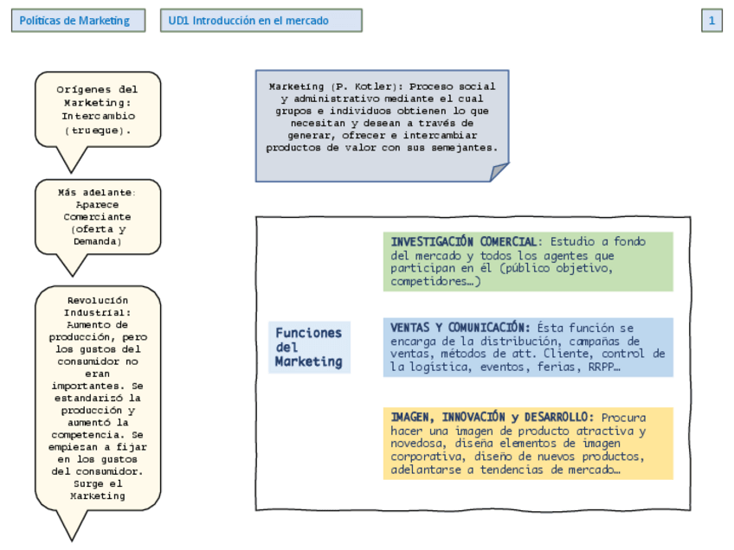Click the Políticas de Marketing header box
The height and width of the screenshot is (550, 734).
coord(74,21)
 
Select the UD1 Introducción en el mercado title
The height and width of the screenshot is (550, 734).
coord(261,21)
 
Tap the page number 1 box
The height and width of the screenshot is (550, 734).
coord(711,21)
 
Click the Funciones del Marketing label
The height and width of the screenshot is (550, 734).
coord(309,347)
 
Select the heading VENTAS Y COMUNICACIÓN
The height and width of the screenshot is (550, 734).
coord(460,328)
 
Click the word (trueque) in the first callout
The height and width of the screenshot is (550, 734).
coord(98,130)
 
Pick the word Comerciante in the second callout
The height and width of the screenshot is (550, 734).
coord(98,217)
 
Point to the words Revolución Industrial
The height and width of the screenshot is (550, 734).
coord(98,305)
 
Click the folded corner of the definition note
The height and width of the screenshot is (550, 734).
coord(499,172)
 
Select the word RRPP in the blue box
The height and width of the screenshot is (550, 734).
coord(599,367)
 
